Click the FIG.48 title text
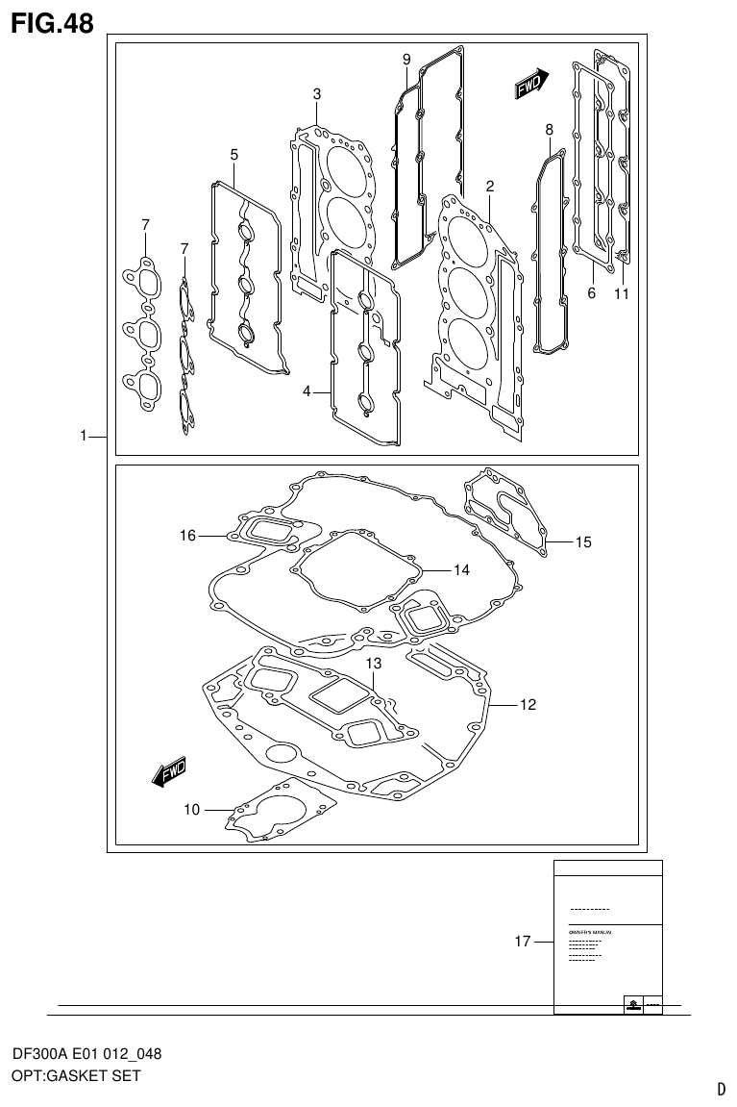click(x=52, y=23)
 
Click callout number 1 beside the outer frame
click(x=86, y=437)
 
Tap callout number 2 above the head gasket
click(x=490, y=187)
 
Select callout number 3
click(x=316, y=94)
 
